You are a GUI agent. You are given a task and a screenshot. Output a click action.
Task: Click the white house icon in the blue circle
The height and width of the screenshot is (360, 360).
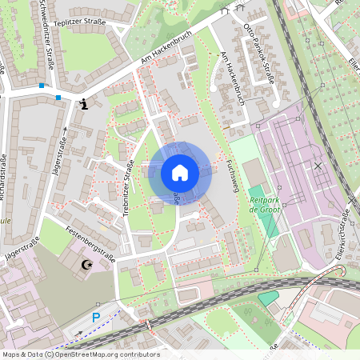coord(180,172)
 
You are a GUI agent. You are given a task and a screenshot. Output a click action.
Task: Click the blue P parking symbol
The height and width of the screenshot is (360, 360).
coord(96,318)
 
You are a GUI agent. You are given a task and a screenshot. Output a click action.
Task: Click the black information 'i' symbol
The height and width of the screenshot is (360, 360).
coord(84,104)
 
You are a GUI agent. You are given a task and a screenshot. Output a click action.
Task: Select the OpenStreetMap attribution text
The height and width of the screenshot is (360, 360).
coord(80,354)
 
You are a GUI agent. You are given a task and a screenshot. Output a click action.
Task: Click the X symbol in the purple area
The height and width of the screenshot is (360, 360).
coord(318,166)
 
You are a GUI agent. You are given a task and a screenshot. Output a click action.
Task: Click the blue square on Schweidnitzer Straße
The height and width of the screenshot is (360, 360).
coord(42,85)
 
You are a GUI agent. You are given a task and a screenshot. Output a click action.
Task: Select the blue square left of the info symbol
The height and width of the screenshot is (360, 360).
coord(58,98)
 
